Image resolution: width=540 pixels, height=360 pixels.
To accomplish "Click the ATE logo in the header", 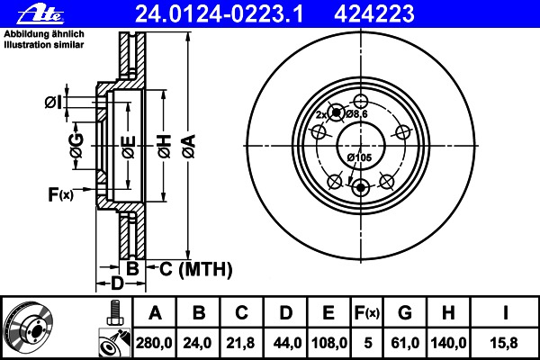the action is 40,14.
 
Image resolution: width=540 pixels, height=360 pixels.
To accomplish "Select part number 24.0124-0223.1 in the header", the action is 220,14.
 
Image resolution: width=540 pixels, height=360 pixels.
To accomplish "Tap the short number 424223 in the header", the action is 374,14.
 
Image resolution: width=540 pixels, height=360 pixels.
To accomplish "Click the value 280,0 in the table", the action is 154,343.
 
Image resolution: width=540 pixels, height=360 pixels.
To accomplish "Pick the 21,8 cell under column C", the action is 240,343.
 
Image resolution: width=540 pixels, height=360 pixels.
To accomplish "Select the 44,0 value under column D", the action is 287,343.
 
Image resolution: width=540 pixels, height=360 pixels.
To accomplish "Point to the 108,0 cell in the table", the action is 329,343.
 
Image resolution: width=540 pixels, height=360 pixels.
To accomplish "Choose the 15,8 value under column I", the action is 504,343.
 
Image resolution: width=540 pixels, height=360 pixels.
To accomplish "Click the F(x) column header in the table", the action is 367,313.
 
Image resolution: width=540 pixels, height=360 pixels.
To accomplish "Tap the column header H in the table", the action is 448,313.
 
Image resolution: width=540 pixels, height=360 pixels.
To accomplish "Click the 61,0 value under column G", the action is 405,343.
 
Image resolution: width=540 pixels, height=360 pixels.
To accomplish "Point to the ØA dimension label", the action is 189,147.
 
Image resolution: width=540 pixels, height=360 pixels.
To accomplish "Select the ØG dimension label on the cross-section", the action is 76,146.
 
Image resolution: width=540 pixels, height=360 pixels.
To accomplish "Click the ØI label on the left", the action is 53,103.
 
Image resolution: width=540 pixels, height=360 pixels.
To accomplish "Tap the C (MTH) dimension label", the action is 195,269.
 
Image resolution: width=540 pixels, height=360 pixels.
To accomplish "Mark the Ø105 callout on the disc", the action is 359,157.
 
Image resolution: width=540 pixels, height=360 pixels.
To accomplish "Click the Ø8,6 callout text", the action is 356,114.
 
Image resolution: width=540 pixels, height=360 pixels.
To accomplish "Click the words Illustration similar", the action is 44,45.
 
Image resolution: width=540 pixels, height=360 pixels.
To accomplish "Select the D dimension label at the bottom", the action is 117,283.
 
